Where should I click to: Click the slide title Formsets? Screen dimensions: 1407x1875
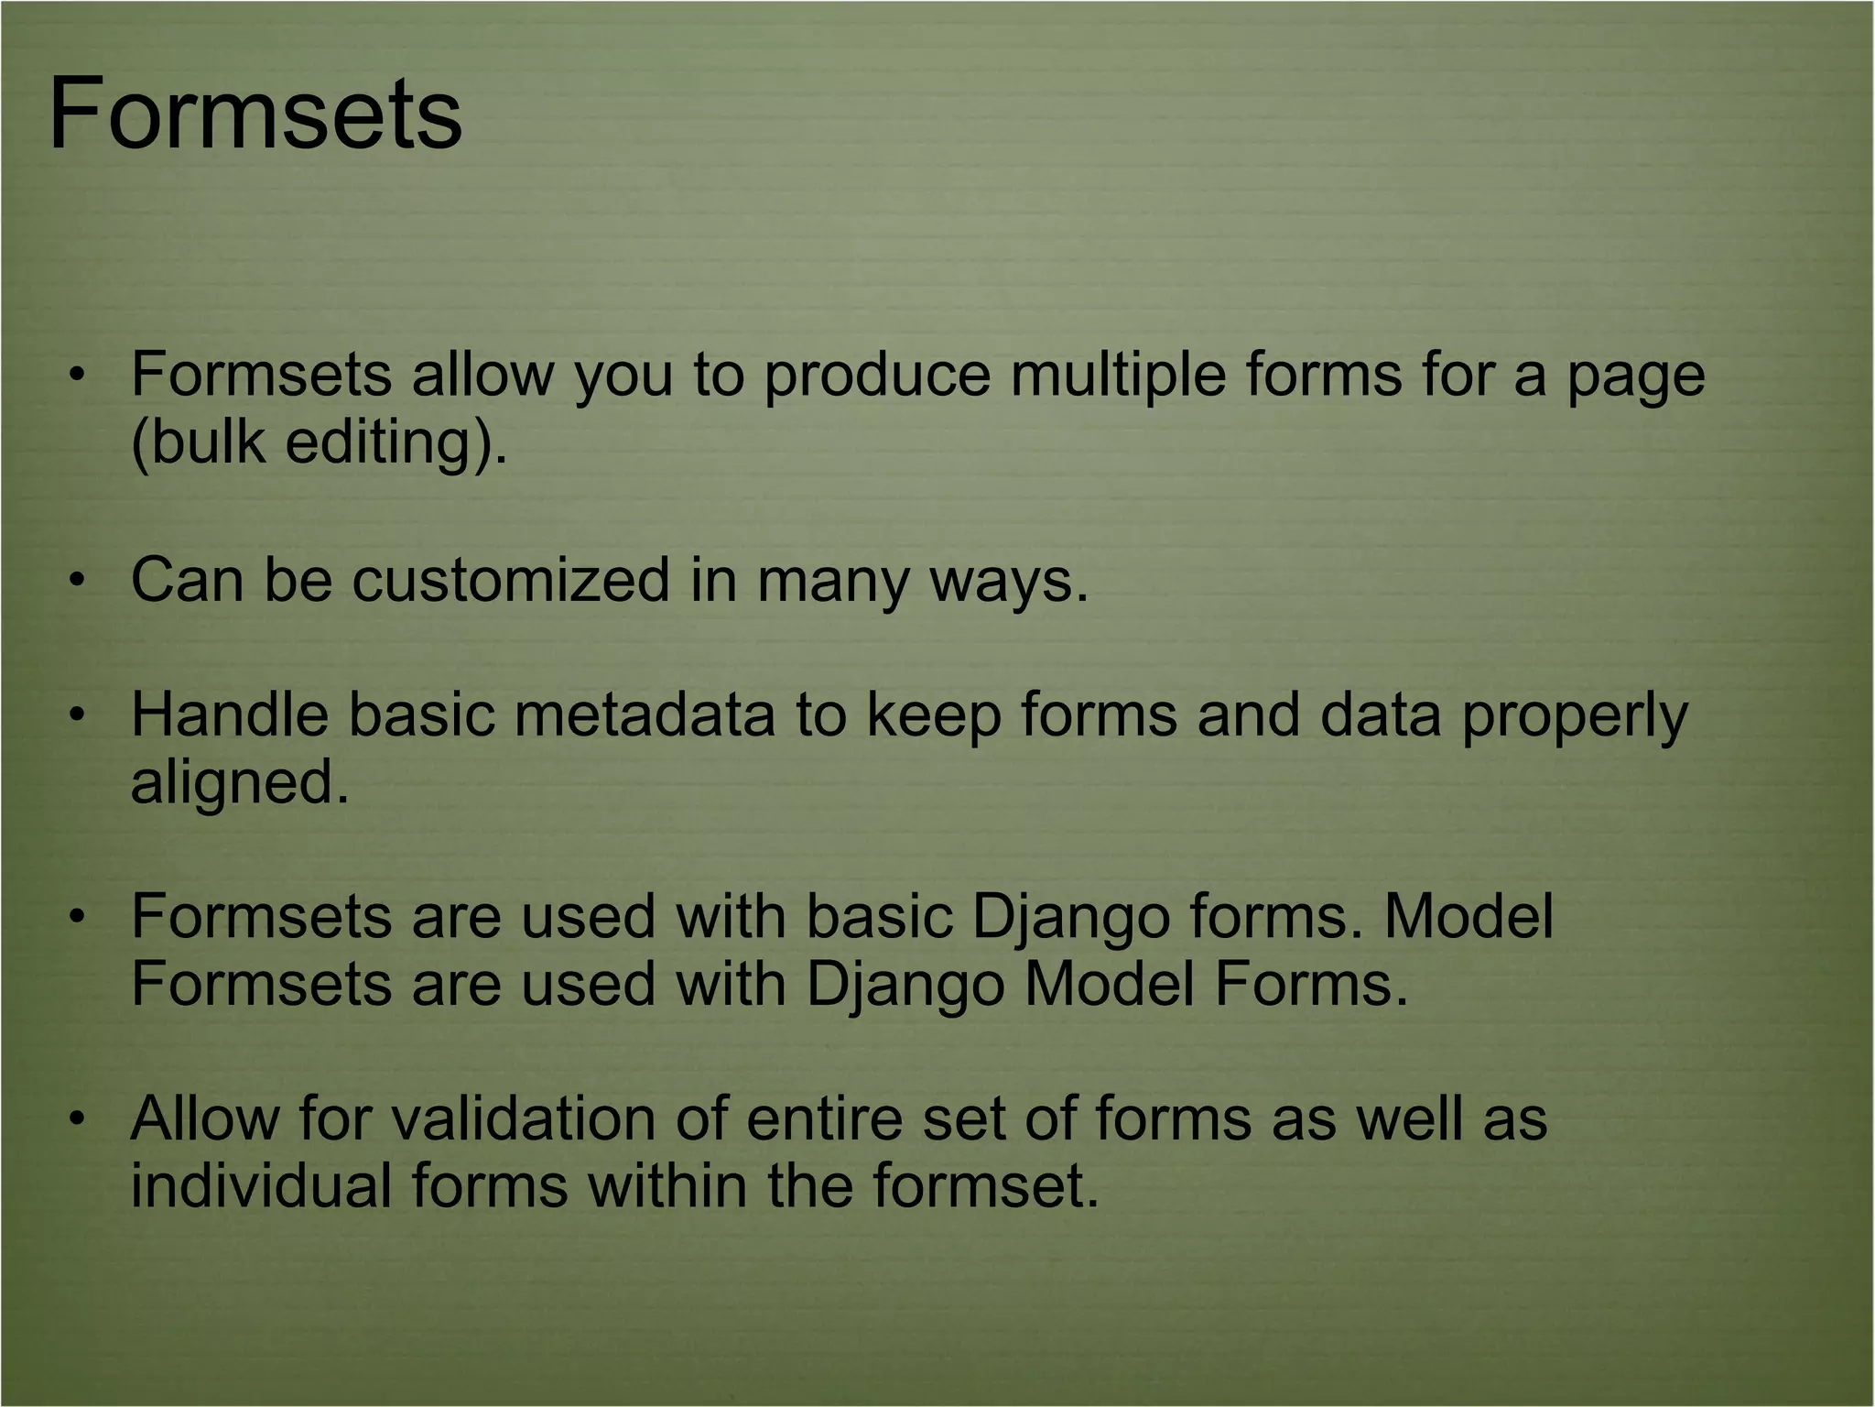click(x=255, y=115)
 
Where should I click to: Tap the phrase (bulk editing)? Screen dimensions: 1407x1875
click(x=318, y=442)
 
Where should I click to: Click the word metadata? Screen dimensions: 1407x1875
click(x=645, y=714)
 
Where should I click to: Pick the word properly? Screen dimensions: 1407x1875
click(x=1574, y=714)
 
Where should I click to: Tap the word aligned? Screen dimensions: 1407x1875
click(x=240, y=782)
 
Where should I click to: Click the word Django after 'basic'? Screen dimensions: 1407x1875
click(x=1069, y=916)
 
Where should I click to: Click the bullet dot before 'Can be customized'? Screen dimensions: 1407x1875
click(x=79, y=580)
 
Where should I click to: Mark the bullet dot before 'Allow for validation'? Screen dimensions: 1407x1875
click(x=79, y=1118)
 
